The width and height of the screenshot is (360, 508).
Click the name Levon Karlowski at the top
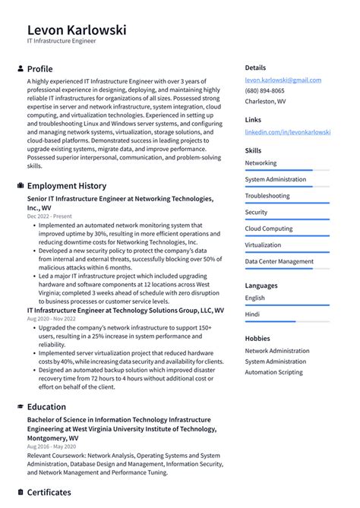pyautogui.click(x=77, y=30)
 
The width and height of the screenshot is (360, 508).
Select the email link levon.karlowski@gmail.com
pyautogui.click(x=283, y=80)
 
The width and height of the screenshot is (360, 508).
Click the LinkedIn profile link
pyautogui.click(x=287, y=131)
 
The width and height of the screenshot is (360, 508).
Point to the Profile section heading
pyautogui.click(x=39, y=68)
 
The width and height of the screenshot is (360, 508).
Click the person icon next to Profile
pyautogui.click(x=20, y=68)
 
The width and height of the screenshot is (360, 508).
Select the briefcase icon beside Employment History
pyautogui.click(x=20, y=186)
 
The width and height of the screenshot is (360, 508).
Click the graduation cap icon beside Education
pyautogui.click(x=20, y=407)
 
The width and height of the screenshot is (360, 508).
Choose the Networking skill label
pyautogui.click(x=261, y=163)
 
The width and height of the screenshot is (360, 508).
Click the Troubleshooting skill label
pyautogui.click(x=267, y=196)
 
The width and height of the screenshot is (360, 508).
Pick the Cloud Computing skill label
pyautogui.click(x=268, y=229)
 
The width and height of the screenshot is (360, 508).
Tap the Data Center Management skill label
pyautogui.click(x=279, y=261)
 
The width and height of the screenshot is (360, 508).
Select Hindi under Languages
pyautogui.click(x=253, y=313)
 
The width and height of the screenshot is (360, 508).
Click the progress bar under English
pyautogui.click(x=287, y=305)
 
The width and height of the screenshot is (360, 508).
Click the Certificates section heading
pyautogui.click(x=49, y=492)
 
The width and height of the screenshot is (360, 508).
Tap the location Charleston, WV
pyautogui.click(x=265, y=101)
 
